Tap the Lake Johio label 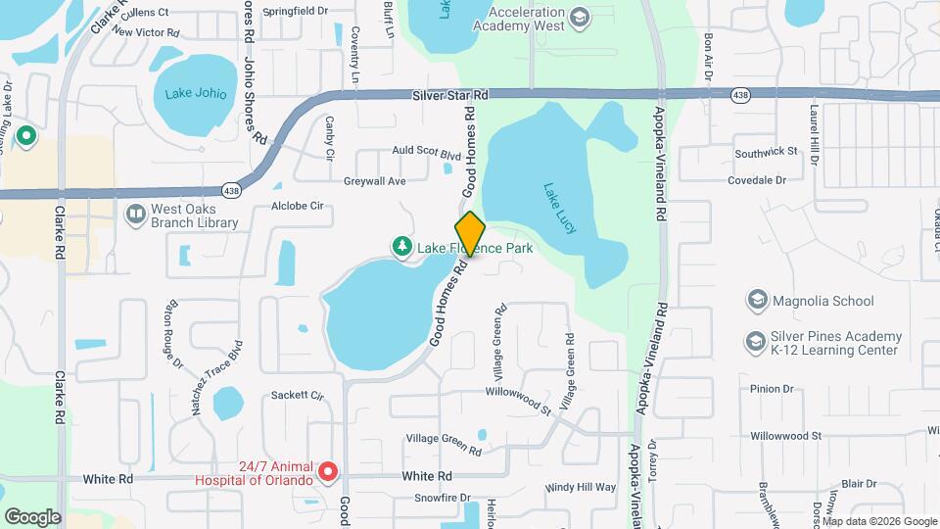[196, 94]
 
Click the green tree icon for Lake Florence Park [400, 248]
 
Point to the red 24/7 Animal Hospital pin [329, 473]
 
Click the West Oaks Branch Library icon [135, 213]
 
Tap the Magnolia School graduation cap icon [756, 300]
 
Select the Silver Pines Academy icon [756, 341]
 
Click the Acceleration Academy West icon [580, 18]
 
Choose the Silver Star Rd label [451, 94]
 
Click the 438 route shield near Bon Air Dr [740, 95]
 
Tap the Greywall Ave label [374, 181]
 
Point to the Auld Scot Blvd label [426, 155]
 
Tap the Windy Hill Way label [581, 487]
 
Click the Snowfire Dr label [438, 498]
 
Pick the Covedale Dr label [758, 180]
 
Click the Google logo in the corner [32, 516]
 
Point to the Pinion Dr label [772, 389]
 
